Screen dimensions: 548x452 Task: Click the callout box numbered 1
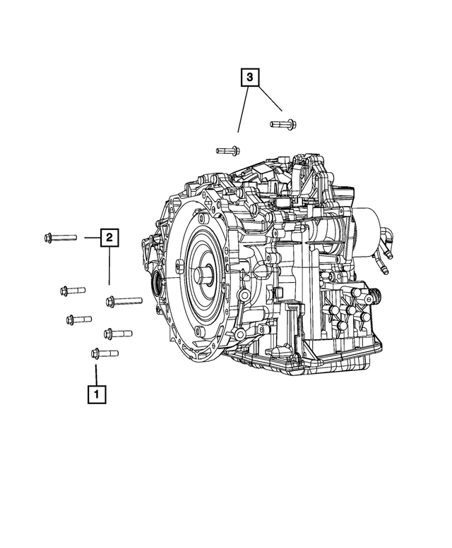pos(97,394)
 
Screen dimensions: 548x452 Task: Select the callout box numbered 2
pos(109,238)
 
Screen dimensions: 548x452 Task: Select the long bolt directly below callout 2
pos(124,301)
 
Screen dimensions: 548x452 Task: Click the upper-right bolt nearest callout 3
pos(282,125)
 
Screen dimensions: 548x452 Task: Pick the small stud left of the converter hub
pos(176,266)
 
